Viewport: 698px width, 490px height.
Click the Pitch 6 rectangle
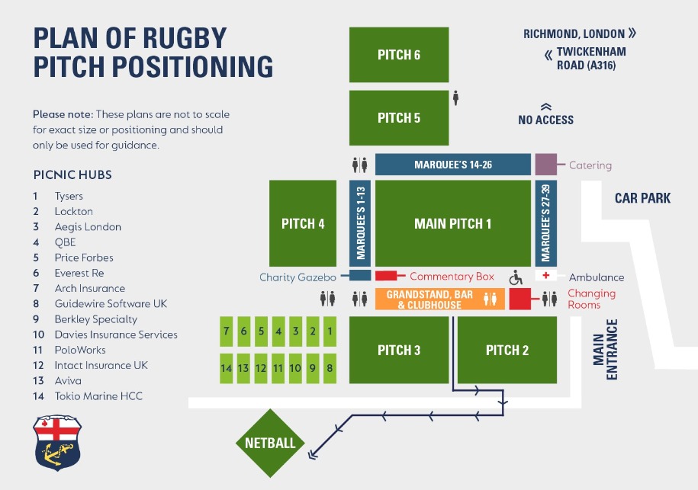(x=399, y=55)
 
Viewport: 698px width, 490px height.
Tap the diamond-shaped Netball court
(x=270, y=443)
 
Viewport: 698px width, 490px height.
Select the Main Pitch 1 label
(x=452, y=223)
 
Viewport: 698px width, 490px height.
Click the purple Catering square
(x=545, y=165)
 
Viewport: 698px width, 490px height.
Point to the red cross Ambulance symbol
(x=545, y=275)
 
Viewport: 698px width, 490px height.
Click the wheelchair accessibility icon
(x=516, y=276)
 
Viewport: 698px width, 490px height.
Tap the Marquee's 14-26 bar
(x=452, y=165)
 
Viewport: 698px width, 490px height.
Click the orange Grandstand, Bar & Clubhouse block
(x=429, y=299)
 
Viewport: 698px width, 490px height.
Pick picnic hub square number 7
(x=226, y=331)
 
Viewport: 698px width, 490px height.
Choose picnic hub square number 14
(x=226, y=368)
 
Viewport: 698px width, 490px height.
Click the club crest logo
(x=57, y=443)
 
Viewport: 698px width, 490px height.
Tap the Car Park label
(x=642, y=198)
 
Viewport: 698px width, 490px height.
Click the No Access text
(x=545, y=120)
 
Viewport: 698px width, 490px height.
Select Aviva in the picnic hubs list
(x=68, y=380)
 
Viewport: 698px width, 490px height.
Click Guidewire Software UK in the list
(x=111, y=303)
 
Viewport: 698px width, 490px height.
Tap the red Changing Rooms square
(x=519, y=299)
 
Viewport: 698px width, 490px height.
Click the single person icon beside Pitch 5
(x=456, y=98)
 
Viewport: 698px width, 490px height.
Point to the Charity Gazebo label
(x=298, y=277)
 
